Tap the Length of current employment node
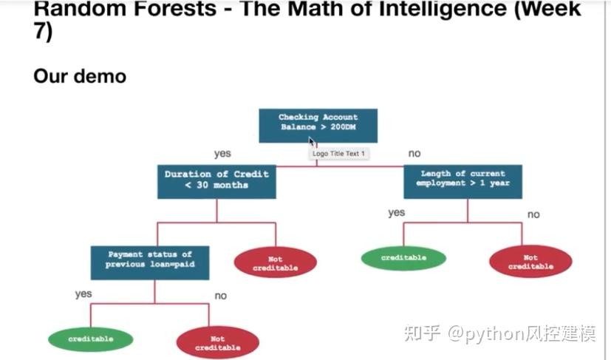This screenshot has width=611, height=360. tap(462, 181)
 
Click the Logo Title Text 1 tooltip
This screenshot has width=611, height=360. tap(338, 154)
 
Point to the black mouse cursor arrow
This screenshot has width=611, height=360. tap(312, 142)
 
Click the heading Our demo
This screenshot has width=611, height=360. tap(80, 75)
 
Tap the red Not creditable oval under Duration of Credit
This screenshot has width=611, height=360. tap(275, 262)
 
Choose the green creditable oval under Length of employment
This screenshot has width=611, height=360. tap(403, 258)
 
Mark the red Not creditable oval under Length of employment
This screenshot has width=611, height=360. tap(530, 262)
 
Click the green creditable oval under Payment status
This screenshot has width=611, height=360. tap(91, 339)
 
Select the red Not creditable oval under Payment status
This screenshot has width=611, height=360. tap(218, 342)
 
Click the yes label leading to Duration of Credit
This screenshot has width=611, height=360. tap(222, 154)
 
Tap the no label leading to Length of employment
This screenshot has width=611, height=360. tap(414, 154)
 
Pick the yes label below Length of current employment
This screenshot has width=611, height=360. tap(397, 213)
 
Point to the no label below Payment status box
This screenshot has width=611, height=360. tap(220, 295)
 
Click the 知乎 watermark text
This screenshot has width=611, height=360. tap(422, 333)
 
